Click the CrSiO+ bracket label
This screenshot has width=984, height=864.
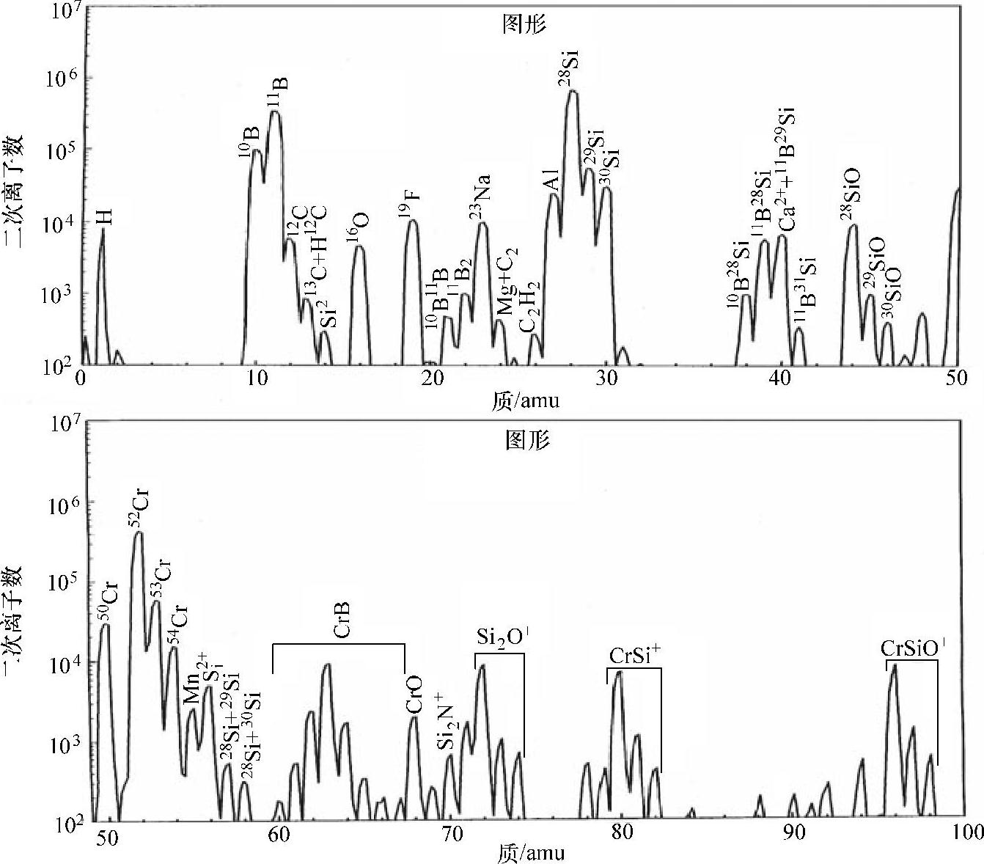912,648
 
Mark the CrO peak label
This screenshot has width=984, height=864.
414,695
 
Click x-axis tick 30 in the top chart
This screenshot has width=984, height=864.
606,379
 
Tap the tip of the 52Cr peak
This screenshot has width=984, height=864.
138,533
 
